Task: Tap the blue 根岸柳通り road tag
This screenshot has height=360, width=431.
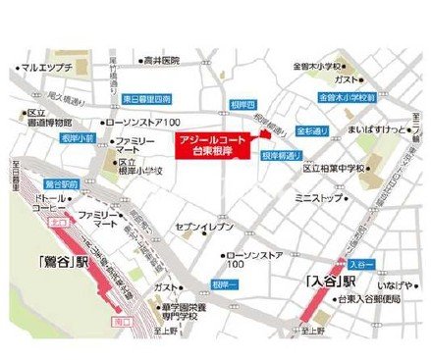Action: click(282, 156)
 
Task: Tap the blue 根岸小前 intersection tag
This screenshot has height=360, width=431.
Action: click(77, 139)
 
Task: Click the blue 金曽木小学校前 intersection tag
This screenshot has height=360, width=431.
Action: click(348, 98)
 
